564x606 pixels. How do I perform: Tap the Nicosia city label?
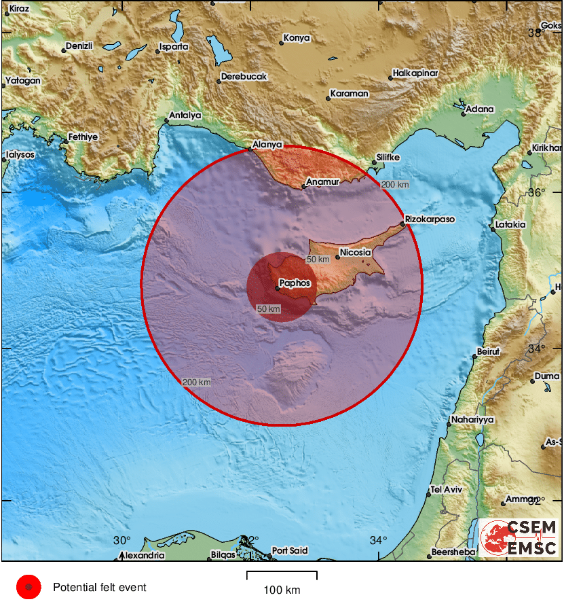click(x=356, y=252)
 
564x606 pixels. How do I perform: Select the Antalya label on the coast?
click(x=185, y=115)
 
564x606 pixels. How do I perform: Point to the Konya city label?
click(x=296, y=38)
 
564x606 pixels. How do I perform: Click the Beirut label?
click(x=487, y=351)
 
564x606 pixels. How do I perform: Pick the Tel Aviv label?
click(x=446, y=490)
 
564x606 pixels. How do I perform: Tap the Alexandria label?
click(x=143, y=555)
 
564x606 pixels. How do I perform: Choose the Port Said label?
click(x=289, y=550)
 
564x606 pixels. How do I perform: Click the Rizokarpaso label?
click(x=429, y=219)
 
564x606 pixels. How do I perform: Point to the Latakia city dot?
click(x=493, y=229)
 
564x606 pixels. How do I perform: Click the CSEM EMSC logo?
click(x=519, y=537)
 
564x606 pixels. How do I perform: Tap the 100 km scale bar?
click(x=281, y=575)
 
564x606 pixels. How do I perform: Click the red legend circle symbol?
click(x=29, y=587)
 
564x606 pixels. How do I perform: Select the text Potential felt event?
click(x=99, y=588)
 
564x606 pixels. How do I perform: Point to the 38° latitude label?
click(x=536, y=32)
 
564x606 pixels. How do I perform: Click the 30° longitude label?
click(x=121, y=540)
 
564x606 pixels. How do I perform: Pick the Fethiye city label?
click(x=83, y=137)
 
